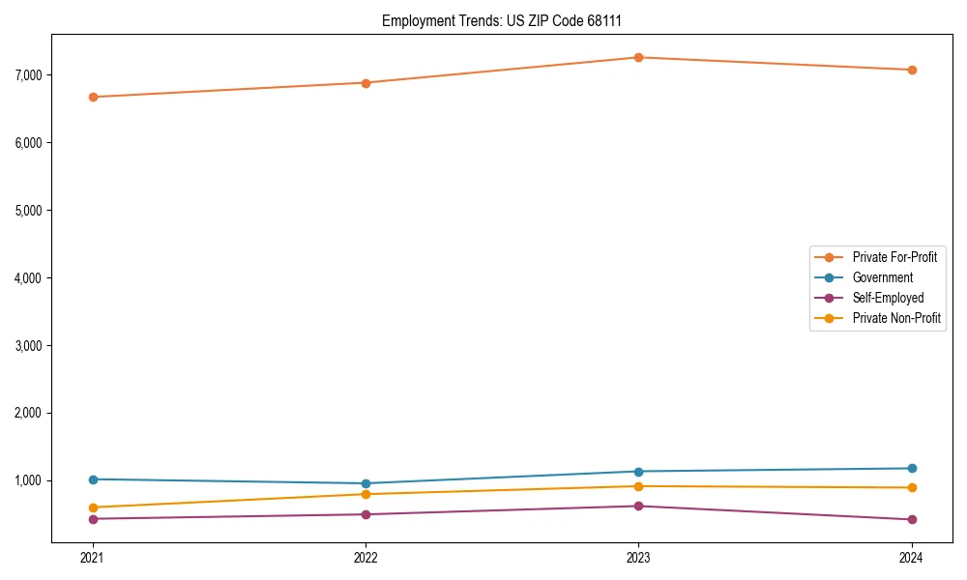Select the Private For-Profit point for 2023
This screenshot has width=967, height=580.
pyautogui.click(x=638, y=57)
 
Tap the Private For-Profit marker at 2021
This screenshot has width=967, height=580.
pyautogui.click(x=93, y=97)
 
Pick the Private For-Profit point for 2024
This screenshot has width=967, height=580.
pyautogui.click(x=911, y=70)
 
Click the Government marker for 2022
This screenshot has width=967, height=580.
pyautogui.click(x=366, y=483)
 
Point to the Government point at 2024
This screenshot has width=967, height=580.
pyautogui.click(x=911, y=469)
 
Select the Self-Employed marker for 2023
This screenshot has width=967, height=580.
pyautogui.click(x=638, y=506)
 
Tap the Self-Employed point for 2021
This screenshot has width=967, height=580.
pyautogui.click(x=93, y=519)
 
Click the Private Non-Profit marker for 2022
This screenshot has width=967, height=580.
pyautogui.click(x=366, y=494)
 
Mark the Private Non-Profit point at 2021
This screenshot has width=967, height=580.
pyautogui.click(x=93, y=507)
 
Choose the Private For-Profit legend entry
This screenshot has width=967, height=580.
pyautogui.click(x=894, y=257)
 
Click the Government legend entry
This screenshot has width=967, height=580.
pyautogui.click(x=882, y=277)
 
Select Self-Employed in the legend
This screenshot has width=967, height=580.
pyautogui.click(x=888, y=298)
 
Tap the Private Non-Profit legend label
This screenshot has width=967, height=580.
pyautogui.click(x=896, y=318)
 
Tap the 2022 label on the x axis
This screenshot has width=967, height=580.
pyautogui.click(x=366, y=558)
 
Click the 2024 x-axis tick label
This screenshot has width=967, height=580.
pyautogui.click(x=911, y=558)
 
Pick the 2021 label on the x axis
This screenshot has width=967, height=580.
pyautogui.click(x=93, y=558)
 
